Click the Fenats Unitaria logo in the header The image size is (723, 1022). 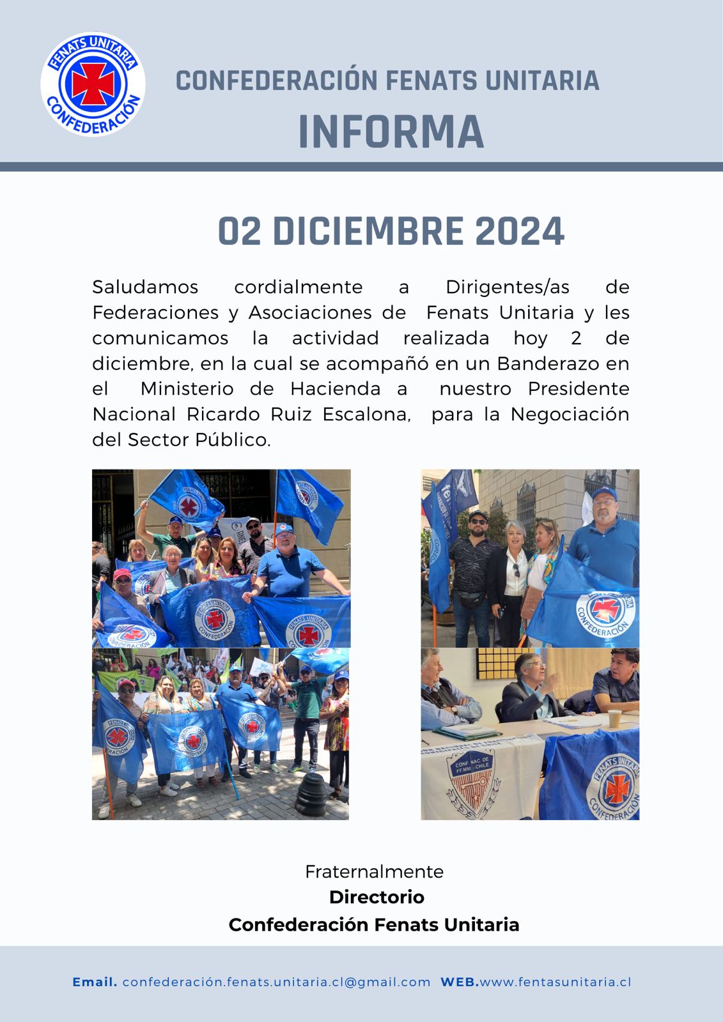click(93, 84)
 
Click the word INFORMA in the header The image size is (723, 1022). click(391, 132)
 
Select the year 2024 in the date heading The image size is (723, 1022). click(520, 231)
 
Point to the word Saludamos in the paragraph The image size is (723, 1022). click(145, 287)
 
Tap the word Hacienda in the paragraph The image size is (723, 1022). click(335, 388)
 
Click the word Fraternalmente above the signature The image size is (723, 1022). click(374, 871)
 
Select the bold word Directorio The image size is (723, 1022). click(377, 897)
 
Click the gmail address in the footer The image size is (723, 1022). click(276, 982)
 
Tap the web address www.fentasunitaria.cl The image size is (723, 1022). click(555, 982)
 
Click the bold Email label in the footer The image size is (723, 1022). click(95, 982)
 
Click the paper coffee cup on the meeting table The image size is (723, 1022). click(614, 719)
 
